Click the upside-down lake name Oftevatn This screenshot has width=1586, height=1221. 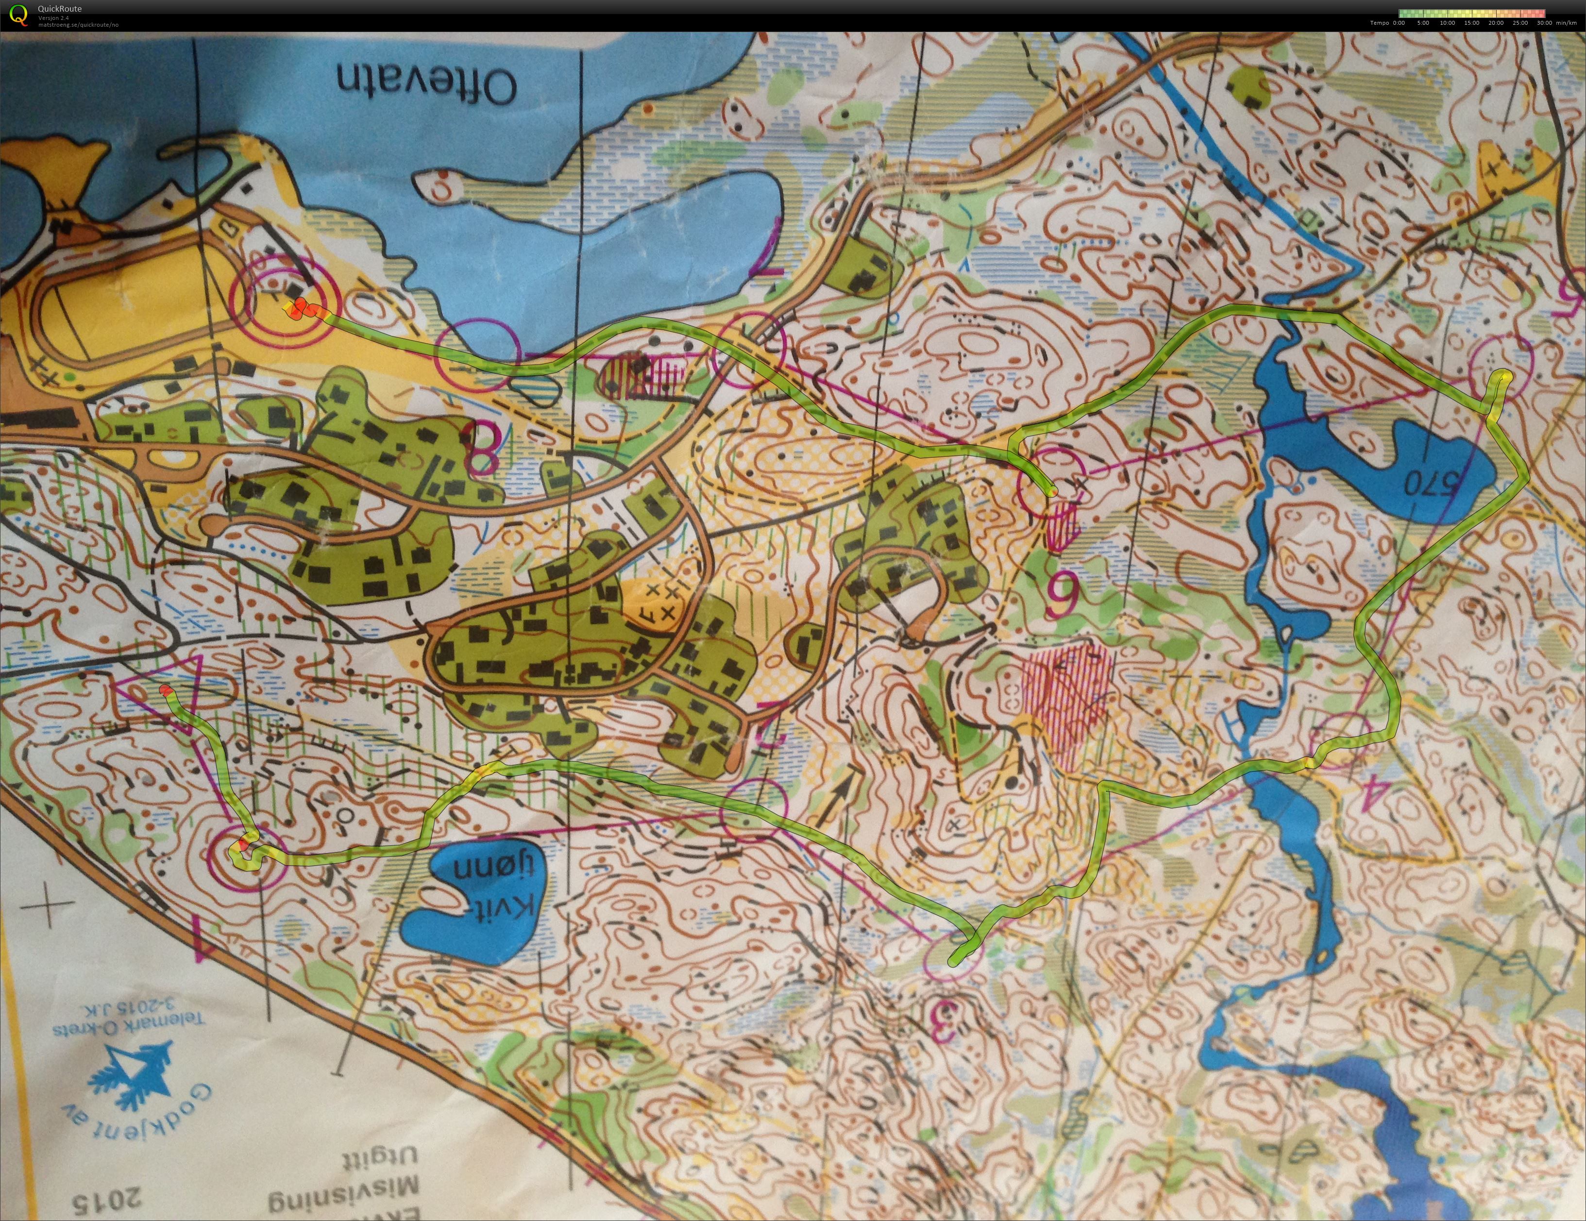tap(426, 84)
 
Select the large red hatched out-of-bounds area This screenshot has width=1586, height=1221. tap(1065, 701)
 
